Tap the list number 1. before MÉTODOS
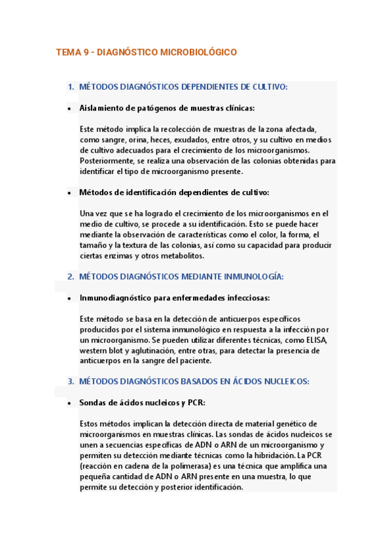(x=71, y=87)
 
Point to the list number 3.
(x=71, y=381)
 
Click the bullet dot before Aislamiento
(x=69, y=109)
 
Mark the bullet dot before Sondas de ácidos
(x=69, y=403)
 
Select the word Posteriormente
(x=109, y=161)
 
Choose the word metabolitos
(x=179, y=256)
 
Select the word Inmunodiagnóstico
(x=115, y=298)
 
